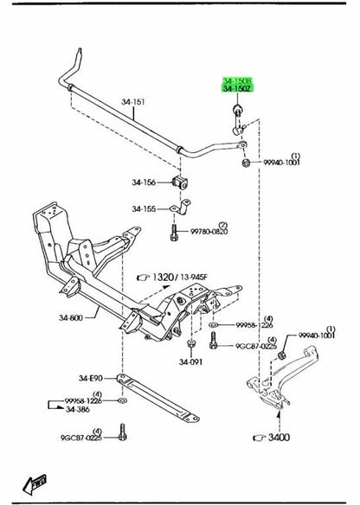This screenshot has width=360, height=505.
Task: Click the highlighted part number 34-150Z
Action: tap(237, 88)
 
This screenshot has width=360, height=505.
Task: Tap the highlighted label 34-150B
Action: tap(237, 80)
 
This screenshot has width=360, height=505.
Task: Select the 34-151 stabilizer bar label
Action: tap(133, 102)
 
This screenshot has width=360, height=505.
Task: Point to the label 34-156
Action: tap(144, 182)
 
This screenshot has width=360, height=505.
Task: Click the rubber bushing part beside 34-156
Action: tap(180, 182)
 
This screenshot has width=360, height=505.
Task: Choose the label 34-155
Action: tap(144, 209)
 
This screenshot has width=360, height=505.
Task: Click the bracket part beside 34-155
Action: tap(181, 208)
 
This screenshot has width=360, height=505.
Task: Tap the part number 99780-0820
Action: tap(209, 232)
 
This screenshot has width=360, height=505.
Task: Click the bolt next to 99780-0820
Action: tap(174, 233)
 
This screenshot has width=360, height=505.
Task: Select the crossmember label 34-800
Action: tap(71, 318)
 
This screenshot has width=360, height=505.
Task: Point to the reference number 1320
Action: tap(163, 277)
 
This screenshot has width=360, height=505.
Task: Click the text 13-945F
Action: tap(194, 277)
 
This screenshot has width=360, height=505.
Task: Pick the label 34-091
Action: tap(190, 362)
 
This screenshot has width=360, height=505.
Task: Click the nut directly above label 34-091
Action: tap(191, 343)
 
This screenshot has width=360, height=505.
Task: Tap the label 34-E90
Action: tap(91, 378)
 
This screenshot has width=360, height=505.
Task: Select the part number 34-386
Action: tap(78, 410)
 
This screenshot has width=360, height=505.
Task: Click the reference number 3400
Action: tap(280, 438)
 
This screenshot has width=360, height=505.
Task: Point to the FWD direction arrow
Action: tap(35, 484)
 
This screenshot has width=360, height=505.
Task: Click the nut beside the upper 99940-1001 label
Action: tap(247, 163)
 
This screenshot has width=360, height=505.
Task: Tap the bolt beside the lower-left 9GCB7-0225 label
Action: tap(123, 431)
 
